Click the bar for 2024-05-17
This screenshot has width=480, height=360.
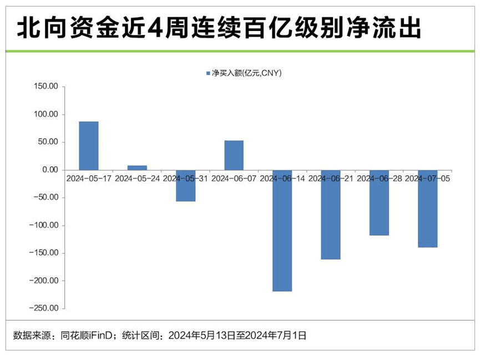88,146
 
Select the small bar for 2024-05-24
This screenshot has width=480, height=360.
137,168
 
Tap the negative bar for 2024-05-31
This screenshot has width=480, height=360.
185,185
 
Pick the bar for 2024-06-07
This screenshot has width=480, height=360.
234,155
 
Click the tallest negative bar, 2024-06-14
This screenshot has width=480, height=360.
282,230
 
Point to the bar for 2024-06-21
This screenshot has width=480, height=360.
331,214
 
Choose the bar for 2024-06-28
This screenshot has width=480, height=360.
379,202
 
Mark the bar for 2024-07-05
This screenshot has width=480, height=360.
427,208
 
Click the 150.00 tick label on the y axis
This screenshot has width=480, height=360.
47,87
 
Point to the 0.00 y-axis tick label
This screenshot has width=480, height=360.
50,170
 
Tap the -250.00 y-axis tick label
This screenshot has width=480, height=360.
45,308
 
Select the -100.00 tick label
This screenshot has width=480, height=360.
45,225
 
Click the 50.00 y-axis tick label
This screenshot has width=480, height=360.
48,142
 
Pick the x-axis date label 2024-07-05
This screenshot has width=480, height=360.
427,179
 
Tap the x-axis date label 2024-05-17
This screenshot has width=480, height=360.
88,179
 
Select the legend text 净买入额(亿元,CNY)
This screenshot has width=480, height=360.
244,73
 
